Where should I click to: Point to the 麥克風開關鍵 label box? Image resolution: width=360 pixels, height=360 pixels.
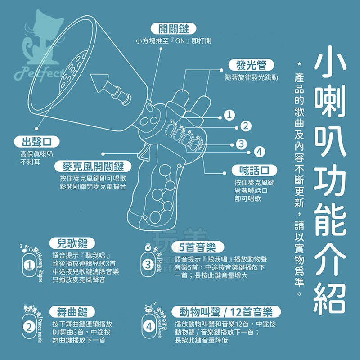pos(92,167)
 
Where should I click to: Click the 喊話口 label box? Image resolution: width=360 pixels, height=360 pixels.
pos(254,170)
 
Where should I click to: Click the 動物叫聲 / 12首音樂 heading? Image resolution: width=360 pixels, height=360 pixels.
pos(227,312)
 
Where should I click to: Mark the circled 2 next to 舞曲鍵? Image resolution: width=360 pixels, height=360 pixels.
pos(29,327)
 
